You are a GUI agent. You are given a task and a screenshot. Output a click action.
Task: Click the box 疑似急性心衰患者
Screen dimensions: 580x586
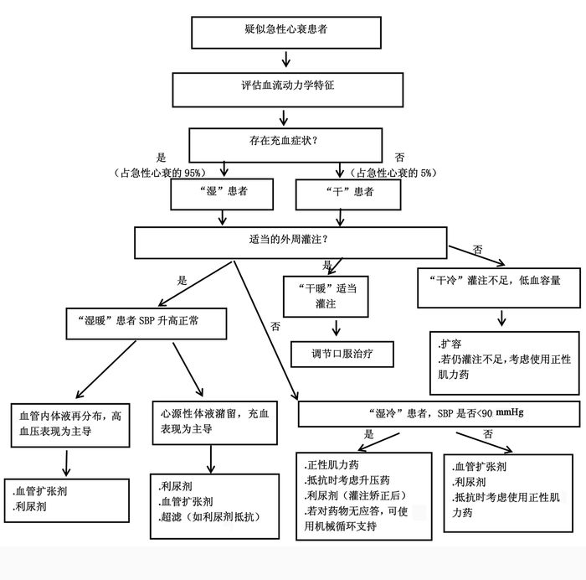[x=287, y=31]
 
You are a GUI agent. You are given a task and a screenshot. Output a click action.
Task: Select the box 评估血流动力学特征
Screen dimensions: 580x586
[x=286, y=87]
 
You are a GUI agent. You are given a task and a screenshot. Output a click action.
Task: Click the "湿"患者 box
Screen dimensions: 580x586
[x=221, y=192]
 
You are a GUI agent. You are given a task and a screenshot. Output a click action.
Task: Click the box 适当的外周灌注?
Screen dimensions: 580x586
[x=290, y=241]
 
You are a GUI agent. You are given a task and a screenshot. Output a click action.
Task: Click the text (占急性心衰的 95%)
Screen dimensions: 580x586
[x=159, y=173]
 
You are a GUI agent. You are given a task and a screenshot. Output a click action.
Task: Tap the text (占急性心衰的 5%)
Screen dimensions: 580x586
[x=393, y=173]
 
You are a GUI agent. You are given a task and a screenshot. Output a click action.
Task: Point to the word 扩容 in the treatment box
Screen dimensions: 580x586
[x=452, y=344]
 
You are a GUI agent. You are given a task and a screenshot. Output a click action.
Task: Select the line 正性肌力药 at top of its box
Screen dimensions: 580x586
[x=332, y=465]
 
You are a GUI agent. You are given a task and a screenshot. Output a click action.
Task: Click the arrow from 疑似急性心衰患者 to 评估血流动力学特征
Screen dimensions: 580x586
[x=286, y=59]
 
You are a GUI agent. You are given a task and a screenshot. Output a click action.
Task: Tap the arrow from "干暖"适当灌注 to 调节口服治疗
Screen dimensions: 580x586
[x=337, y=327]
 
